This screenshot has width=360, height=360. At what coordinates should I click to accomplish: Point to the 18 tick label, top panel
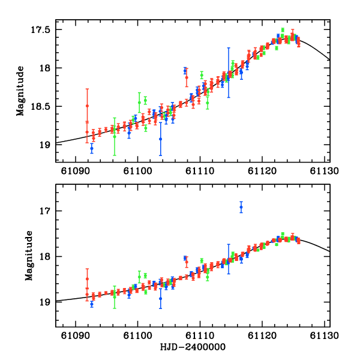click(46, 68)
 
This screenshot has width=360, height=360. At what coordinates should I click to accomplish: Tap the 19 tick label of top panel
click(46, 144)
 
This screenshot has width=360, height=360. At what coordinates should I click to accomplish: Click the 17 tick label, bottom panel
click(46, 211)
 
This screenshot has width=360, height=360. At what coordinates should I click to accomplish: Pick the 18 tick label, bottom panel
click(46, 256)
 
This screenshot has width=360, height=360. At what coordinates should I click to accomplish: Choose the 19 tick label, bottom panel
click(46, 302)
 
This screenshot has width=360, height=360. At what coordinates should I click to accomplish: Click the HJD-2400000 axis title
click(193, 347)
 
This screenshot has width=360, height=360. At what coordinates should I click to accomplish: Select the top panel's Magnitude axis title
click(20, 87)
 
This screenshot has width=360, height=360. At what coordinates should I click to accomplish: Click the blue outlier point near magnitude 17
click(241, 207)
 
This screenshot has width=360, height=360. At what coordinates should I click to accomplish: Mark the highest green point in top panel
click(283, 29)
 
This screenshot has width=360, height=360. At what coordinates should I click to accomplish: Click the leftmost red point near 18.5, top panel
click(87, 106)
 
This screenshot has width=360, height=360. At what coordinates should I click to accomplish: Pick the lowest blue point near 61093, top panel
click(92, 148)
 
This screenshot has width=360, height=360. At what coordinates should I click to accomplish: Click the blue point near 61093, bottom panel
click(92, 304)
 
